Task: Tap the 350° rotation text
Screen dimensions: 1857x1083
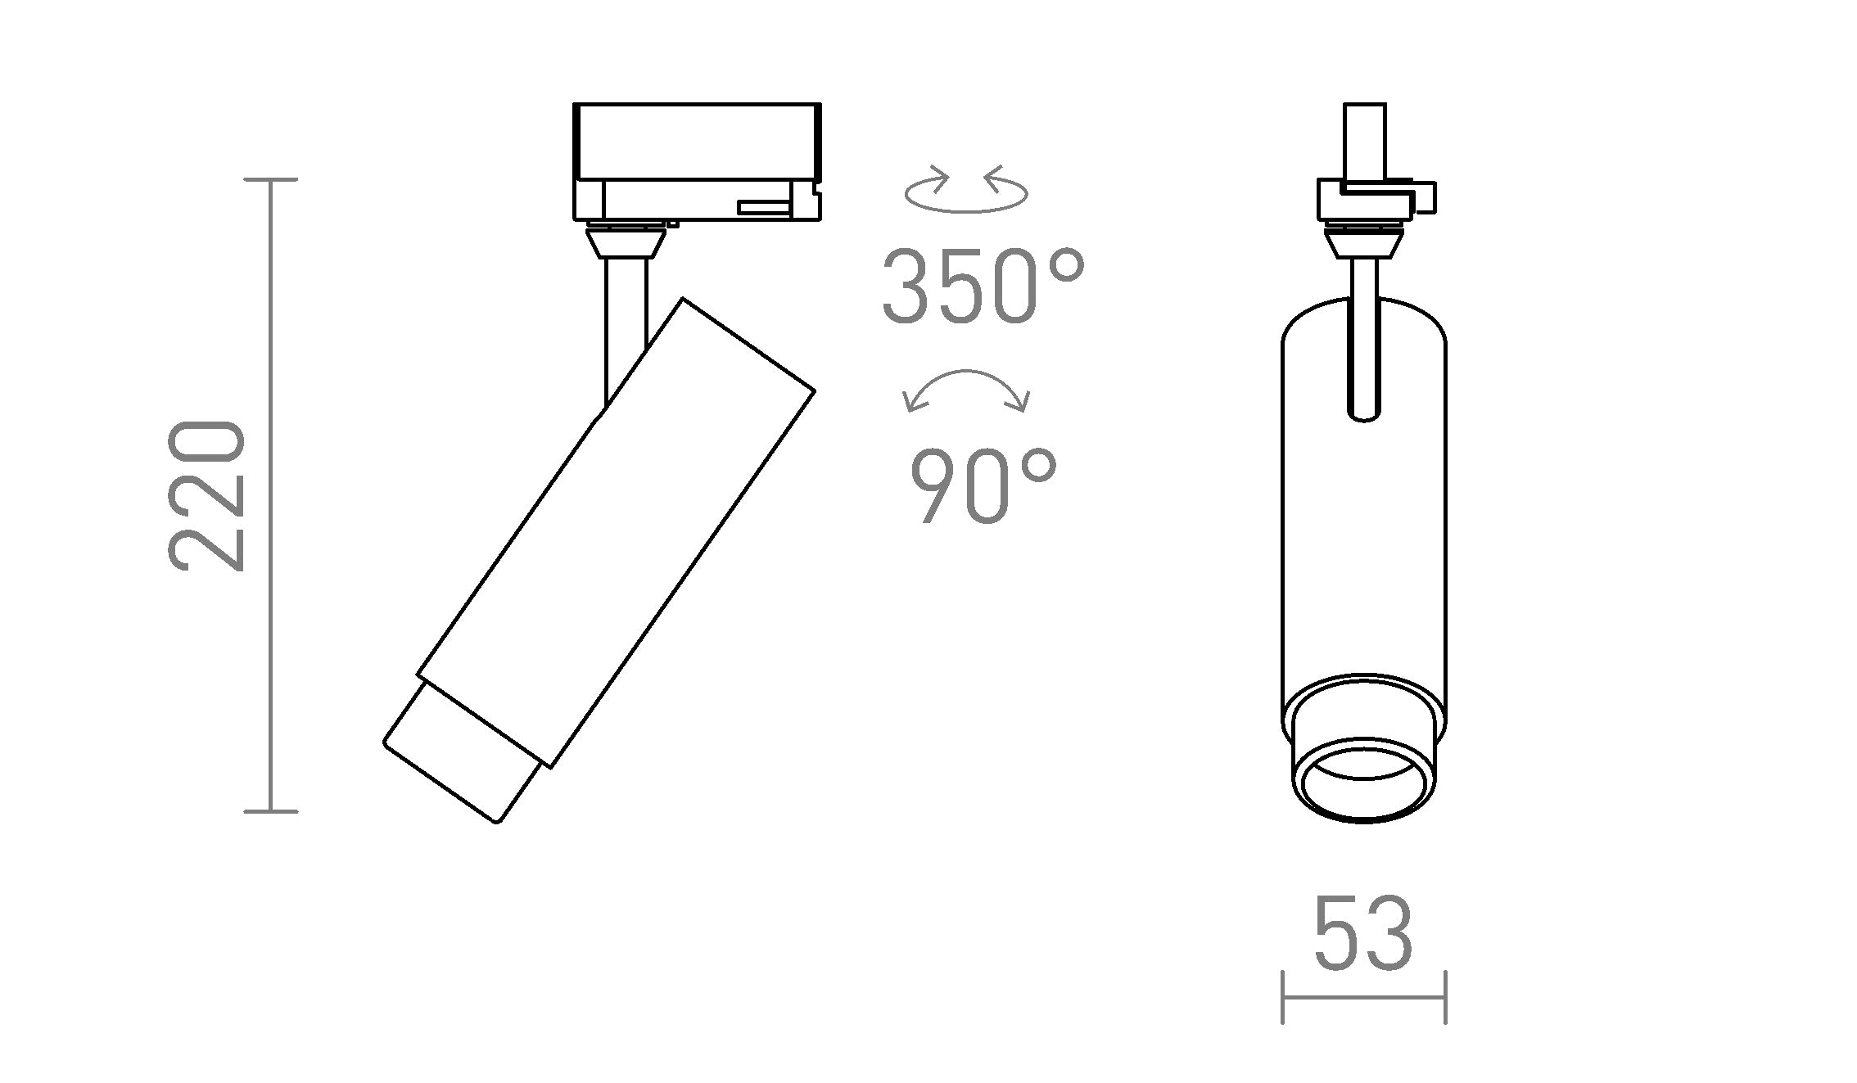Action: [983, 287]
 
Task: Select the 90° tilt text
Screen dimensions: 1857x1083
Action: [983, 487]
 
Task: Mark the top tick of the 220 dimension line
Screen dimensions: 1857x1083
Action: [271, 179]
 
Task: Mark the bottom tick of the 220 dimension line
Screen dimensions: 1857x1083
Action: [271, 811]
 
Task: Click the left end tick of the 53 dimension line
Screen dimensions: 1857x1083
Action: [1282, 997]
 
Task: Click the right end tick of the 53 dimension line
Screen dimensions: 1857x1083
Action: [1446, 997]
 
